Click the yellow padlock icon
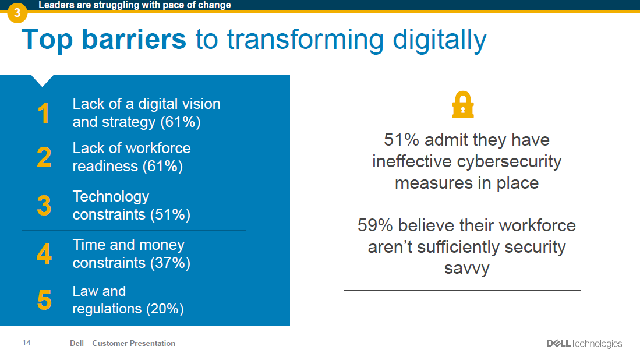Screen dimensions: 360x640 (x=463, y=105)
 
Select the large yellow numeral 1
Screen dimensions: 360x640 (x=44, y=113)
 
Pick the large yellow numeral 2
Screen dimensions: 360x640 (x=44, y=158)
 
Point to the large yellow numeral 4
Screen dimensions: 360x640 (x=44, y=254)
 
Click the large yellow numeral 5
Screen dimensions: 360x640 (x=44, y=301)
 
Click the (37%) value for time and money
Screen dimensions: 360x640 (x=170, y=263)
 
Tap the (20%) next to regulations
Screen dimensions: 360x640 (x=165, y=309)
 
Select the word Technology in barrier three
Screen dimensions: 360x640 (x=111, y=196)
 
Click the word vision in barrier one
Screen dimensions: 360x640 (x=196, y=104)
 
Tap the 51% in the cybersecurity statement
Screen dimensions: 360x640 (x=401, y=140)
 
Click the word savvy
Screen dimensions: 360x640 (x=466, y=269)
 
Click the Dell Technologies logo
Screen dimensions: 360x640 (x=584, y=344)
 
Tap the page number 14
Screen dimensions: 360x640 (x=26, y=343)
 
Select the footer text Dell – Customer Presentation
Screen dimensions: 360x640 (x=122, y=344)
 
